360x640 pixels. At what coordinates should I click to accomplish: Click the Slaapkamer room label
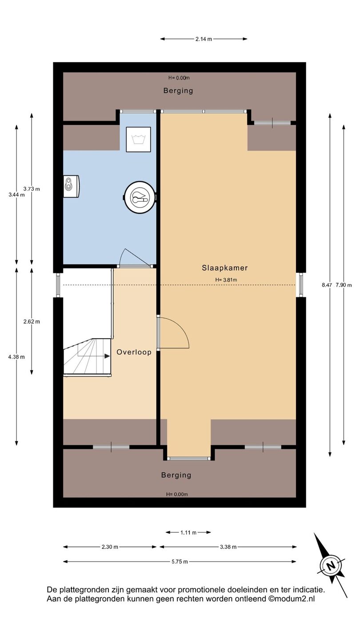pos(224,268)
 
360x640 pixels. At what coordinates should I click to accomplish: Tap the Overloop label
pos(134,352)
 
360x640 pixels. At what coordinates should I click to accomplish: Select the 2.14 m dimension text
pos(204,39)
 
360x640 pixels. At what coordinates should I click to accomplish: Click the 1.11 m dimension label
pos(188,532)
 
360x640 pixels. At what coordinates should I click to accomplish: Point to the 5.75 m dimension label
pos(180,562)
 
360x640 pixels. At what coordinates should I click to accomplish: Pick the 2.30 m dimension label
pos(110,547)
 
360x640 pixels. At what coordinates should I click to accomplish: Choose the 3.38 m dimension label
pos(228,547)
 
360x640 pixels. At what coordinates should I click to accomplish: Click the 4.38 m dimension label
pos(16,357)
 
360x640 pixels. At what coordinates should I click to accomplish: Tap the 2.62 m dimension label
pos(32,321)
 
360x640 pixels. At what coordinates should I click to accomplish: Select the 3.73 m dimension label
pos(32,188)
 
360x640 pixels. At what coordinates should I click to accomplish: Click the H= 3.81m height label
pos(226,280)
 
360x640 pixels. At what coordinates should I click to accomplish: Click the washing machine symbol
pos(139,140)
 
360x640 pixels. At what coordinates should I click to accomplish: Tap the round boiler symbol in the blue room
pos(140,197)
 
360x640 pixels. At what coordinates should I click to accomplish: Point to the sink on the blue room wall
pos(71,186)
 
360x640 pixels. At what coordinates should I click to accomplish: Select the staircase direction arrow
pos(94,356)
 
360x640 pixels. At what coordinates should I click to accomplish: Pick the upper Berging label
pos(178,91)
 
